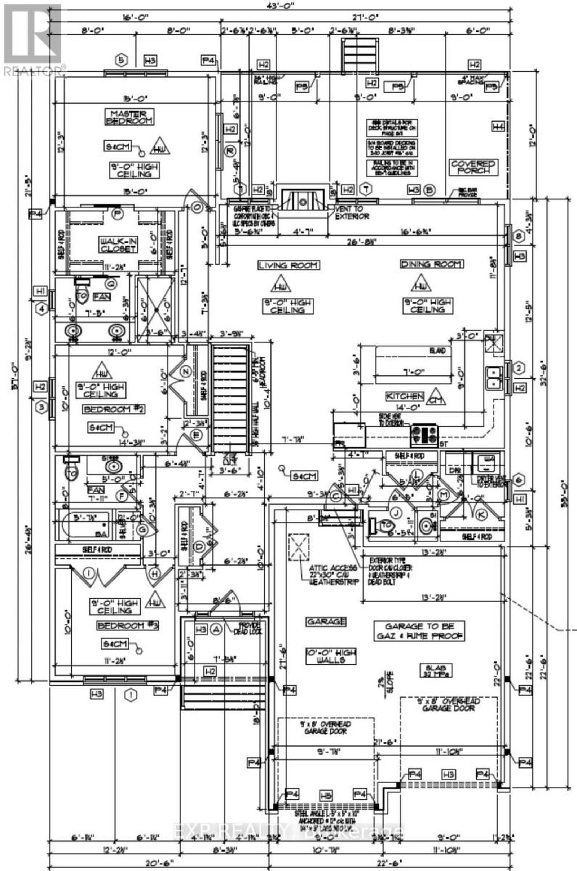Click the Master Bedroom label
[129, 116]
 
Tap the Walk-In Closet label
[118, 245]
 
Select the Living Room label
[288, 265]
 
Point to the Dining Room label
[431, 264]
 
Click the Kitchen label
[404, 396]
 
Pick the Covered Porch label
[473, 167]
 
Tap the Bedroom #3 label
[127, 625]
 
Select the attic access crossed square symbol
[299, 547]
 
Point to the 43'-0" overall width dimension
[283, 5]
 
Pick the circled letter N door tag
[186, 371]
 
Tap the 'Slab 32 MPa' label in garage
[436, 670]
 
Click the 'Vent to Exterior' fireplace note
[351, 213]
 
